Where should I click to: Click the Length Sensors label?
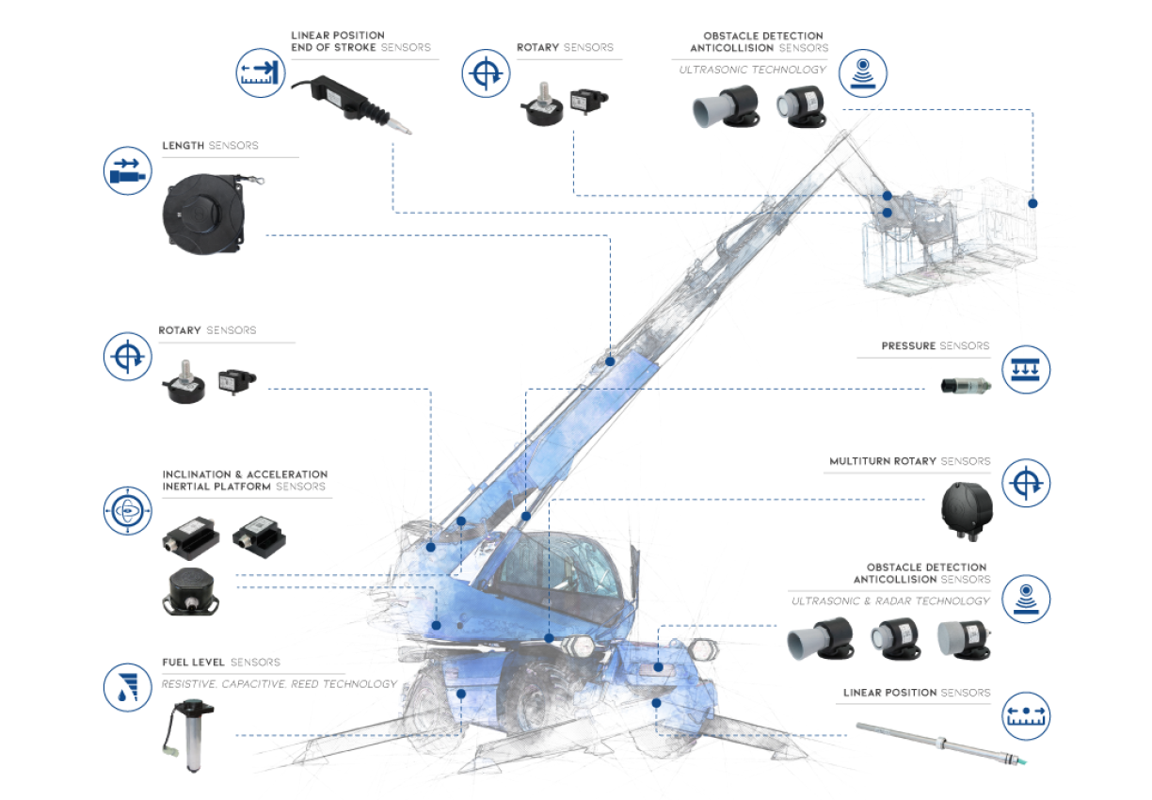click(210, 146)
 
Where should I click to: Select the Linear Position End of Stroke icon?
click(259, 74)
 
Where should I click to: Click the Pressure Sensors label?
click(936, 346)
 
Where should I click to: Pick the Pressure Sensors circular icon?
click(1025, 369)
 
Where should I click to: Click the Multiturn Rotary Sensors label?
click(909, 461)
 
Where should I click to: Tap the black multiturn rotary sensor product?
click(967, 508)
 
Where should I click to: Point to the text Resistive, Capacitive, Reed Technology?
click(280, 684)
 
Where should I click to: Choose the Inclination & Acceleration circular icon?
click(127, 511)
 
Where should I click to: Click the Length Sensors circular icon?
click(127, 170)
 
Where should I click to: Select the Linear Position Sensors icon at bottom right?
click(1025, 717)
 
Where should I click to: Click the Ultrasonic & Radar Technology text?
click(890, 600)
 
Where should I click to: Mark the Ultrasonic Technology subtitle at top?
click(753, 70)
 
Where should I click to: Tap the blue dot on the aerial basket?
click(1032, 203)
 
